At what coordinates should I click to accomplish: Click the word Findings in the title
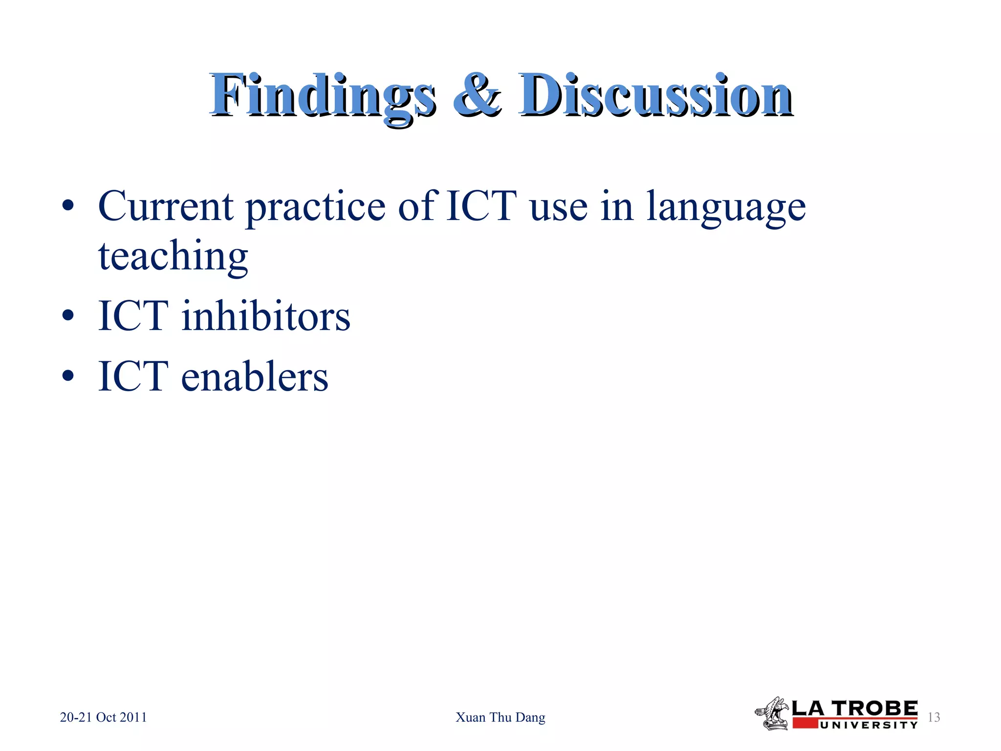coord(323,95)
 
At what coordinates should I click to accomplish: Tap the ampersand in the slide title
coord(477,95)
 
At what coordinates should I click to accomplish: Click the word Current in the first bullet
coord(165,206)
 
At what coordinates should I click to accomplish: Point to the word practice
coord(315,208)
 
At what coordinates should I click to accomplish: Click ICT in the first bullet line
coord(481,206)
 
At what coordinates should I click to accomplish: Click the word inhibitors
coord(266,316)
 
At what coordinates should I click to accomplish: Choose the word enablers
coord(255,377)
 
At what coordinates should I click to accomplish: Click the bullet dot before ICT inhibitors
coord(68,315)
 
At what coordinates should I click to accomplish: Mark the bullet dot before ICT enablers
coord(68,375)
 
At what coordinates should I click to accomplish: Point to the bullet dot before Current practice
coord(68,206)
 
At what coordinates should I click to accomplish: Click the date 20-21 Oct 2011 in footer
coord(103,717)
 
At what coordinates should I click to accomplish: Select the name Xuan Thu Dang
coord(500,717)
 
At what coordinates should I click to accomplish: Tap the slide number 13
coord(934,717)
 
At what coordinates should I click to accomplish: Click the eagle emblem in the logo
coord(772,714)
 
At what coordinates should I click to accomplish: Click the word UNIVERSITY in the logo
coord(869,725)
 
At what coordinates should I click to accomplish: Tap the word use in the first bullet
coord(558,208)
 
